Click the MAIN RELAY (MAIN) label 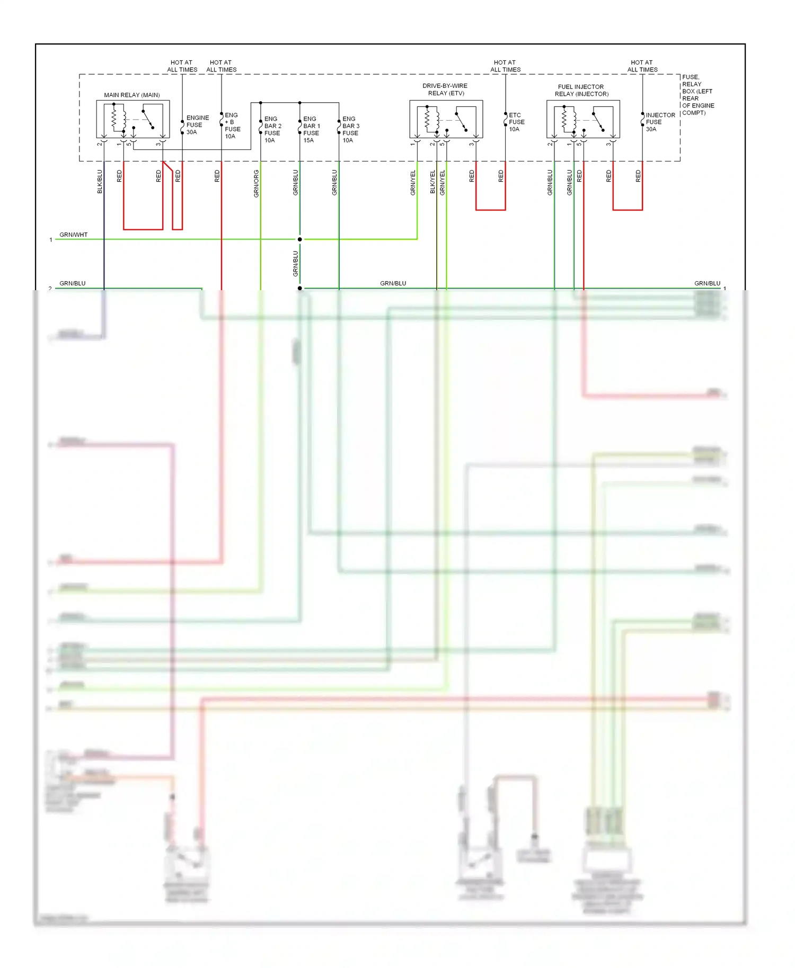(x=131, y=95)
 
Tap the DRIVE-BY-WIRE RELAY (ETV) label (x=445, y=89)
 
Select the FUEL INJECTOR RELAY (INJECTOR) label (x=581, y=91)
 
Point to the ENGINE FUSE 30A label (x=197, y=125)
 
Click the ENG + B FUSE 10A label (x=232, y=126)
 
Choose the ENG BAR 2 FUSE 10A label (x=272, y=130)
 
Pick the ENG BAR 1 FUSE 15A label (x=311, y=130)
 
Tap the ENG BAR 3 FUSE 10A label (x=350, y=130)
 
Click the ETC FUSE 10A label (x=516, y=122)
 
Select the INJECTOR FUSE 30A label (x=660, y=122)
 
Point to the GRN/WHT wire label (x=74, y=235)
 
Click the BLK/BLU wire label (x=100, y=182)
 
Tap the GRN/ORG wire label (x=257, y=184)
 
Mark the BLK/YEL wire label (x=432, y=182)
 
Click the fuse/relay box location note (x=697, y=95)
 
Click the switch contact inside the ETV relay (x=461, y=121)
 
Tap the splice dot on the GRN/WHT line (x=300, y=239)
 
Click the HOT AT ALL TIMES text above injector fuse (x=642, y=66)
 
